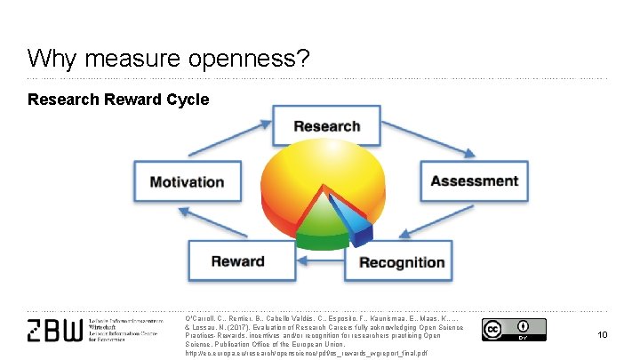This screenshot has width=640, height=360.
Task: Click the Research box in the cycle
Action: [x=326, y=127]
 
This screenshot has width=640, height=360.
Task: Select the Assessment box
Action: [x=474, y=181]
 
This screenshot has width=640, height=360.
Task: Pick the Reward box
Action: [x=237, y=261]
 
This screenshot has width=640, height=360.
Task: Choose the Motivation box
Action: [x=187, y=182]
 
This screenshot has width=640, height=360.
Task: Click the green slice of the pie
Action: [x=316, y=233]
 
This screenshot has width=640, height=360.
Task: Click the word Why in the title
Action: [x=48, y=59]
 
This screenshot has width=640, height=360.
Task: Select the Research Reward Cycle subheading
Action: [x=118, y=99]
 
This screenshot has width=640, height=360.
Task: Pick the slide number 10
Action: [x=602, y=334]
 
